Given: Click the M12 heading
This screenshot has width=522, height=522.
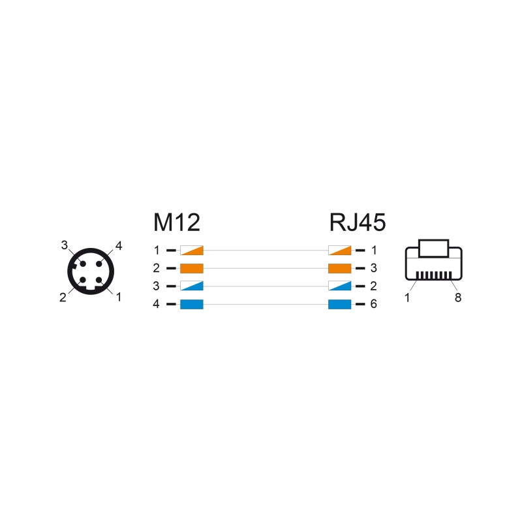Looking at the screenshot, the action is tap(177, 223).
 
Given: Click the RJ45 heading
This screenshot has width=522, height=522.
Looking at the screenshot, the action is tap(358, 223).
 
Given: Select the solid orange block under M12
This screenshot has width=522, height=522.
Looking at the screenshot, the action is tap(192, 268).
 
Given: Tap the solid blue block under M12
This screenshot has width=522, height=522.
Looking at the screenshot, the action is tap(192, 304).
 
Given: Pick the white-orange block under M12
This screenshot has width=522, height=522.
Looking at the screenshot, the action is tap(192, 251).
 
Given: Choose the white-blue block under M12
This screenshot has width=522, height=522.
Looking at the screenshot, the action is tap(192, 286).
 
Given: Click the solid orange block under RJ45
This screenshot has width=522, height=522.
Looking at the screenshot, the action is tap(339, 268).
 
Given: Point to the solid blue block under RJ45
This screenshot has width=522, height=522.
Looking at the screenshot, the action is tap(339, 304).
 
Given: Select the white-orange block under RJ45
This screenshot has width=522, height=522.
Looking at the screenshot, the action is tap(339, 251).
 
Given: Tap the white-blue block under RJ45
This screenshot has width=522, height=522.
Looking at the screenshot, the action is tap(339, 286).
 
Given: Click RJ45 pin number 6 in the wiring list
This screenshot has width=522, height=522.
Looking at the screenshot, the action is tap(373, 304).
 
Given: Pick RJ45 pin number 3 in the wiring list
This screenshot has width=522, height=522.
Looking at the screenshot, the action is tap(373, 268).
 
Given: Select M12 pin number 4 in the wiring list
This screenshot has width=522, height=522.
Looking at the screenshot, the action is tap(156, 304).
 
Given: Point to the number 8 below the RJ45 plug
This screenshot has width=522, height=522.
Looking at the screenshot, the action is tap(458, 298).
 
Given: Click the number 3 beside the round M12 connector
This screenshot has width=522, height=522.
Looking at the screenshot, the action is tap(64, 245).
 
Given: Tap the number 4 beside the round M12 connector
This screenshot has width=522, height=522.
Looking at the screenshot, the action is tap(119, 246).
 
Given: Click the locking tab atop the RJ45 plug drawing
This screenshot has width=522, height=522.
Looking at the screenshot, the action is tap(433, 249).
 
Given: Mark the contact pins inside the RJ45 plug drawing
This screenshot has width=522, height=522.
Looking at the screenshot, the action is tap(434, 275).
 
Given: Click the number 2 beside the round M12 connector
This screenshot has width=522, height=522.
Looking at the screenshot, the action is tap(63, 298).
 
